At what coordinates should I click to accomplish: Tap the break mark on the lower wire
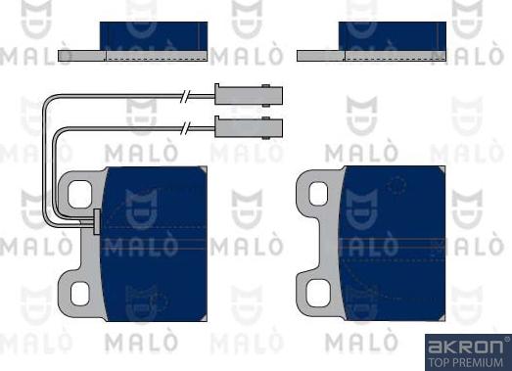(x=183, y=126)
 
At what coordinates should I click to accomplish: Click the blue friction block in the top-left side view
(x=154, y=40)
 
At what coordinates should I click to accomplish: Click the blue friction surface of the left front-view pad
(x=157, y=245)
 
